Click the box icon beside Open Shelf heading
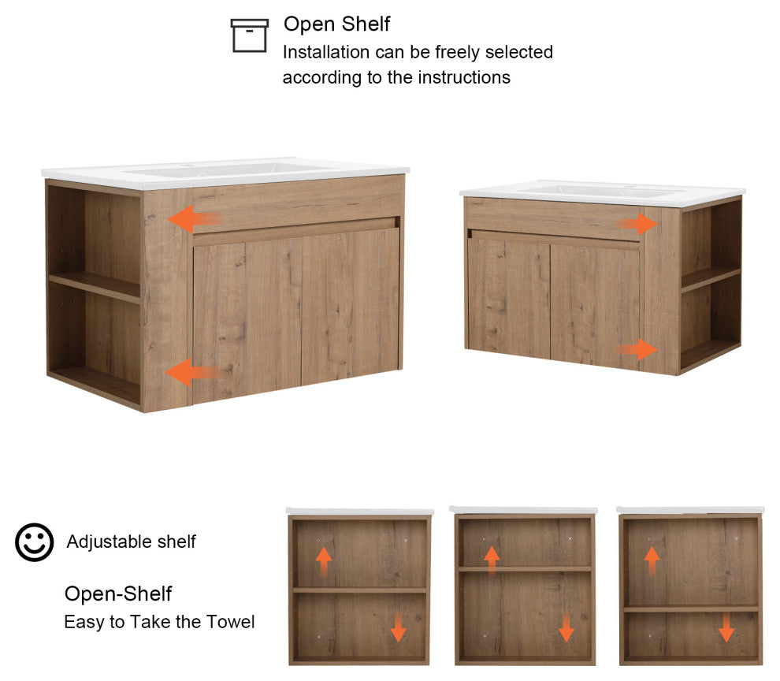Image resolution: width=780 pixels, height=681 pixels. click(x=249, y=35)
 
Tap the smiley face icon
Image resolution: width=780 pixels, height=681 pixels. click(x=35, y=542)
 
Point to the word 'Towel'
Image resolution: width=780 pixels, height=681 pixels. click(x=230, y=622)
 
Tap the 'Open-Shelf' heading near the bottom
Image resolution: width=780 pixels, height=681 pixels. click(x=118, y=594)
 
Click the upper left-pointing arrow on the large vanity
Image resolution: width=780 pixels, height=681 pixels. click(x=195, y=219)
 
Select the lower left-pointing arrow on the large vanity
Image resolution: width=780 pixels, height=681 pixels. click(x=193, y=372)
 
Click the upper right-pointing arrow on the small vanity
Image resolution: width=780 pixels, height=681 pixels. click(x=637, y=224)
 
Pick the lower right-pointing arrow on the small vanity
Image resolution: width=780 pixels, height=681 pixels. click(x=637, y=349)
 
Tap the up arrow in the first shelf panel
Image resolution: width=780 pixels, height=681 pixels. click(x=324, y=562)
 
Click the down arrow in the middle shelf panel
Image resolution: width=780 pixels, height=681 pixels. click(x=566, y=627)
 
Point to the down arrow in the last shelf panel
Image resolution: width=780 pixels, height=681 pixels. click(x=726, y=627)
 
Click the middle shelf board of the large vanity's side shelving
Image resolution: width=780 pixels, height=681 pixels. click(x=95, y=287)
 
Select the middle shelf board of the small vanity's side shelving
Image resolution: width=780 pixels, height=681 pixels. click(x=711, y=279)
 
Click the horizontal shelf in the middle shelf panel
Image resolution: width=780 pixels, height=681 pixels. click(x=525, y=569)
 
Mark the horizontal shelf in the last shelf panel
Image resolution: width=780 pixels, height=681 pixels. click(x=691, y=608)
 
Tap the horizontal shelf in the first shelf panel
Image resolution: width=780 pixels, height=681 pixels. click(x=359, y=590)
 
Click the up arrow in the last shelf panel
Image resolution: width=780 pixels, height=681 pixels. click(x=652, y=561)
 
